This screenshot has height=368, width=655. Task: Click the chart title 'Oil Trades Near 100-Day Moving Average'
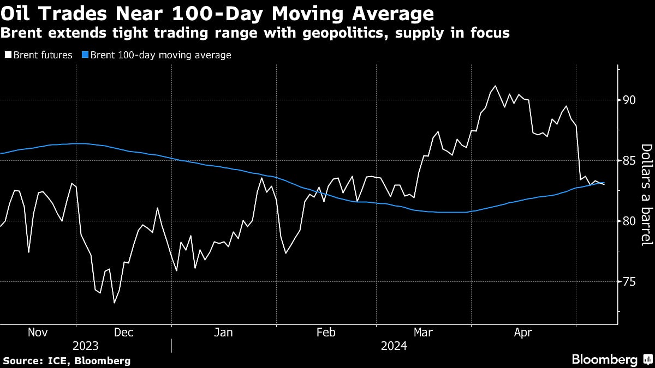click(x=217, y=13)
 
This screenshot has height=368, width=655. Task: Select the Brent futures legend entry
click(x=38, y=55)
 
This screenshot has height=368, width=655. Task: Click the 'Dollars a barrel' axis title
click(x=646, y=203)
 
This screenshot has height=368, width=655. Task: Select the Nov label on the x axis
click(x=38, y=333)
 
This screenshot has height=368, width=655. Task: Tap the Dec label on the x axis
click(x=123, y=333)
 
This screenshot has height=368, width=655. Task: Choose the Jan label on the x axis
click(x=223, y=333)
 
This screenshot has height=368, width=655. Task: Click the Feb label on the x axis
click(x=326, y=333)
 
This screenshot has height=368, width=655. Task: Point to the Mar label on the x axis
click(x=424, y=333)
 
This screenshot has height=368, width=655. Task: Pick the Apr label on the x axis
click(x=523, y=333)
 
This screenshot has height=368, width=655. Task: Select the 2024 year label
click(x=394, y=346)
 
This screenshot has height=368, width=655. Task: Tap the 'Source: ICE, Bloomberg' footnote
click(x=67, y=360)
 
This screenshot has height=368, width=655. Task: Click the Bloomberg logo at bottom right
click(x=611, y=359)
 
